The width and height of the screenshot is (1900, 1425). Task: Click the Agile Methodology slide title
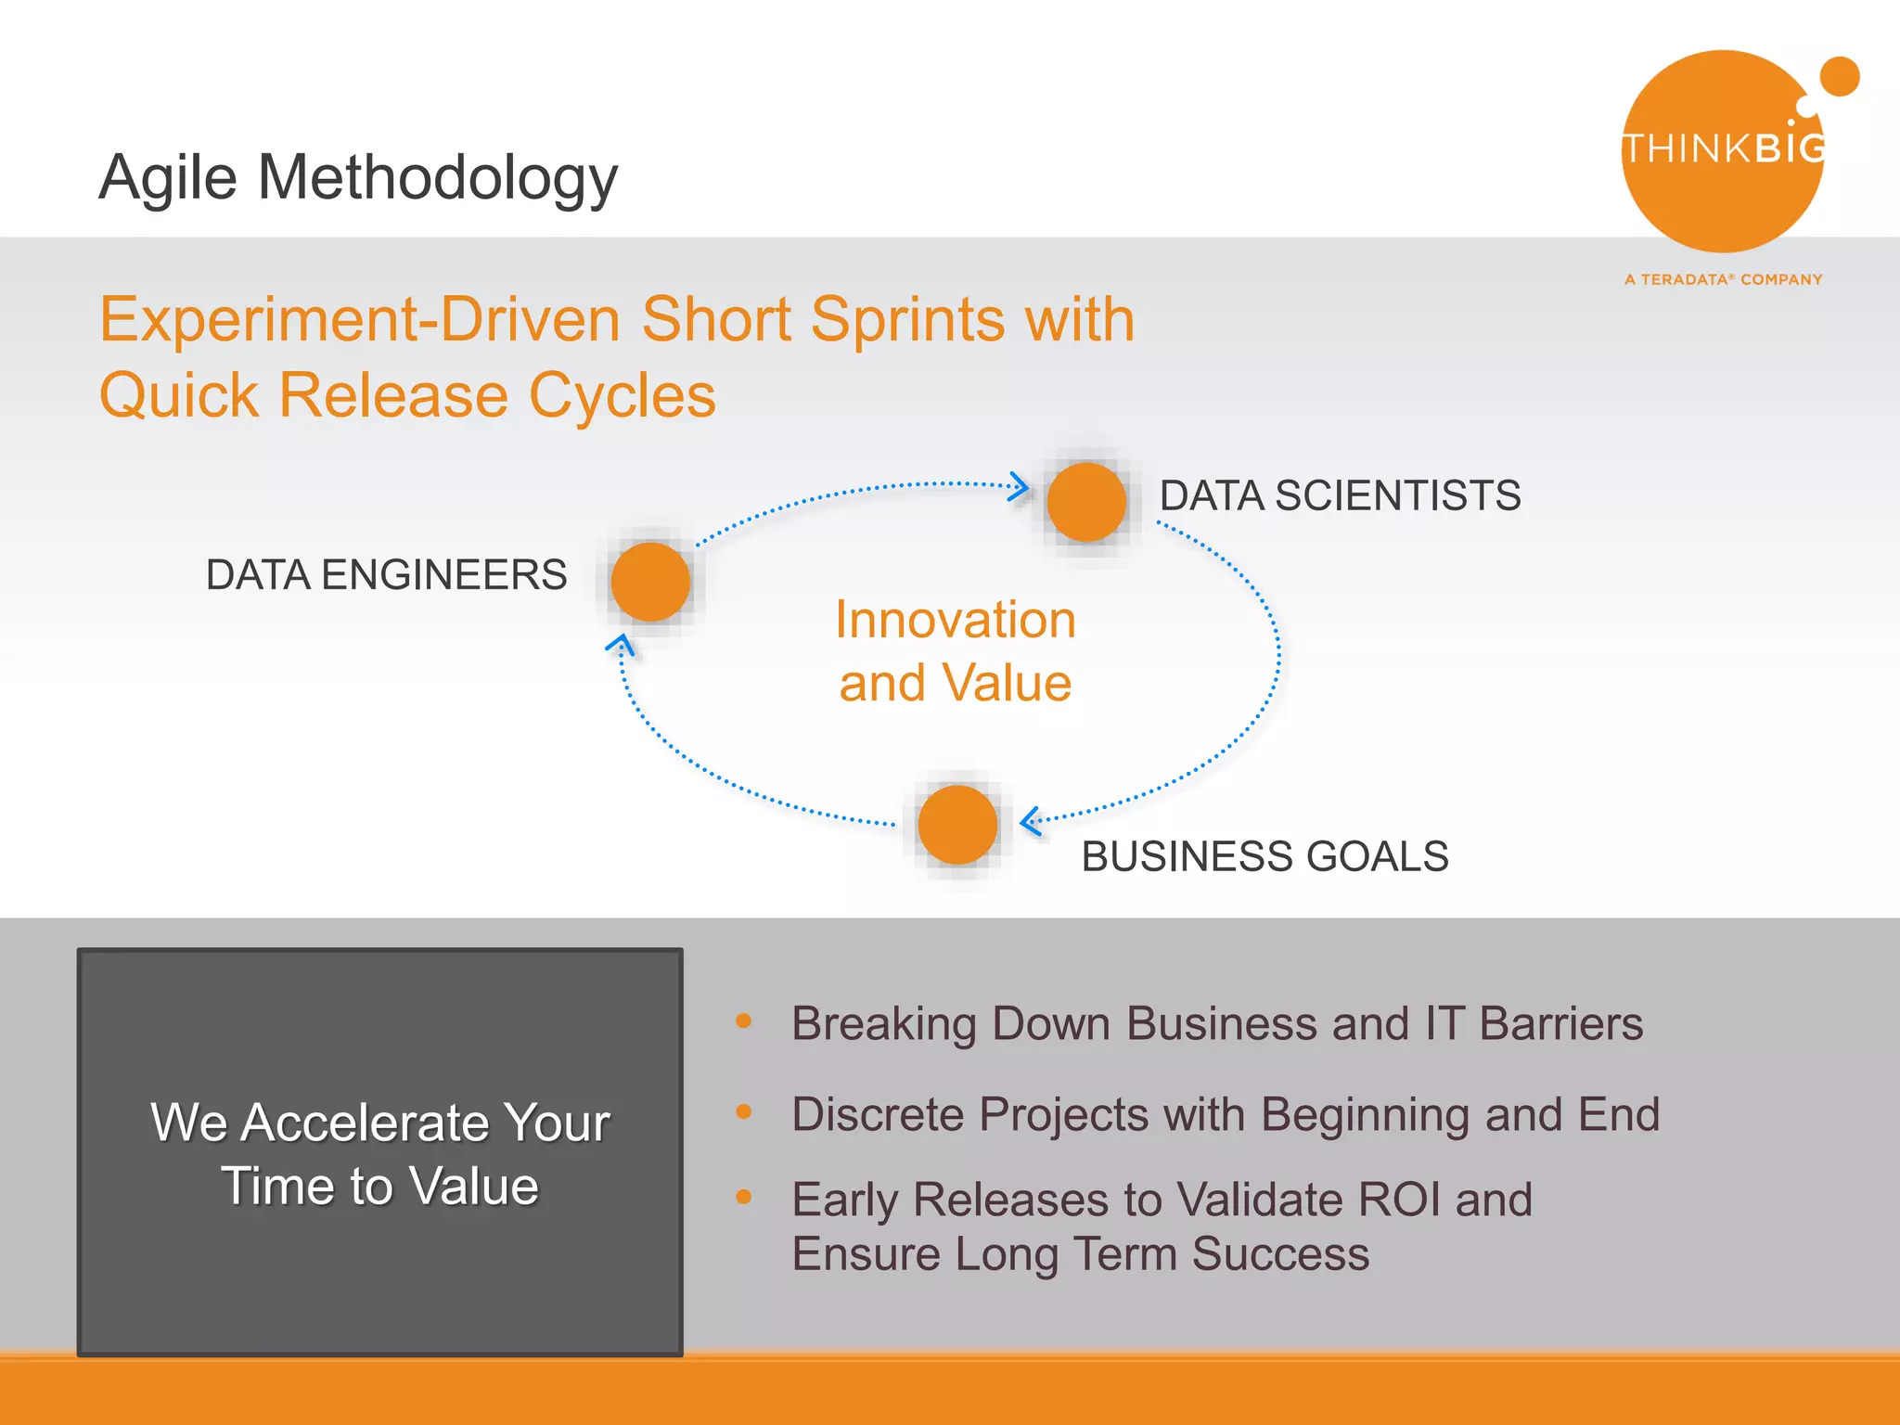click(x=358, y=176)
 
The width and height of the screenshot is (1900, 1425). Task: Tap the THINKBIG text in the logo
click(x=1723, y=148)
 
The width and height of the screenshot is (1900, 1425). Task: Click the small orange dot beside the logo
click(x=1839, y=76)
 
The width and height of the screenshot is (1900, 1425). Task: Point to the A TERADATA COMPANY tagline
click(x=1723, y=279)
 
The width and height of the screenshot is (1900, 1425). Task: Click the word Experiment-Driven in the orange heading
click(x=360, y=319)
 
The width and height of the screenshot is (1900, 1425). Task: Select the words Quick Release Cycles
click(x=407, y=395)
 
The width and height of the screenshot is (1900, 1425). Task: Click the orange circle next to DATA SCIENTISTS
click(x=1085, y=502)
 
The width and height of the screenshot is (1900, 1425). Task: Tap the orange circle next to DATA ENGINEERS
click(x=650, y=582)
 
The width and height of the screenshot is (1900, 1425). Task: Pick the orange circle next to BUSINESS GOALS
click(x=957, y=825)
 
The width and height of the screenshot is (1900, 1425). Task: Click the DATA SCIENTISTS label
click(x=1340, y=495)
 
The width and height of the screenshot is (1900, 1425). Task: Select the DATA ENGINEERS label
click(x=386, y=575)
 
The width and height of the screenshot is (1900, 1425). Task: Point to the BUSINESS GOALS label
click(x=1265, y=856)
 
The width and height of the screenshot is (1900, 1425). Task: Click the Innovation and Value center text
click(x=955, y=651)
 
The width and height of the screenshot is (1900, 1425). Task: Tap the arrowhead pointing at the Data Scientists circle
click(x=1020, y=486)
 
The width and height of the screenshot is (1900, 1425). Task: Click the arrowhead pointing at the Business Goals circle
click(x=1030, y=821)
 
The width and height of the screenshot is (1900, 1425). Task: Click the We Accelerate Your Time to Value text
click(x=380, y=1153)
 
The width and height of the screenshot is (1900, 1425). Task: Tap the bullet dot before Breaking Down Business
click(x=743, y=1021)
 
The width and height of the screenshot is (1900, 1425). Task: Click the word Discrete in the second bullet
click(x=877, y=1114)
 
